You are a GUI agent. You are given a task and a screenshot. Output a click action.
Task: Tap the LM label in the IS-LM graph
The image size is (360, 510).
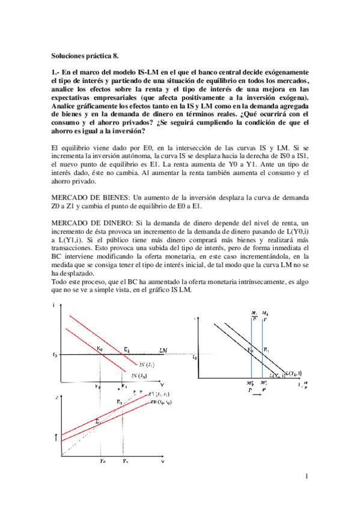tap(163, 349)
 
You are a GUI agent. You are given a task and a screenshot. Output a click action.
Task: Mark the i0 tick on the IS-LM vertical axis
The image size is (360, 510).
tap(55, 355)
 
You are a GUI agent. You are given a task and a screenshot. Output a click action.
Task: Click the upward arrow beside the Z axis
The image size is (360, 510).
tap(56, 435)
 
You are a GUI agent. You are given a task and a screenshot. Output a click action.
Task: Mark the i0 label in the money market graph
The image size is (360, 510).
tap(194, 358)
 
